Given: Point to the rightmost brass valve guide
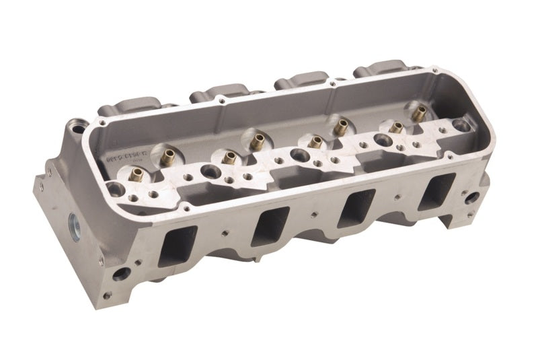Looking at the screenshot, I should coord(419,114).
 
